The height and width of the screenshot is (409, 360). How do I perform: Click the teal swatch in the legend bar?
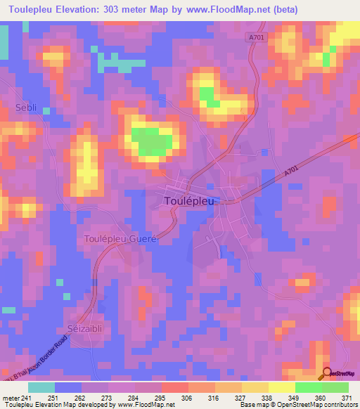tap(41, 387)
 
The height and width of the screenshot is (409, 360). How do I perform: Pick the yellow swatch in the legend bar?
tap(282, 387)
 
